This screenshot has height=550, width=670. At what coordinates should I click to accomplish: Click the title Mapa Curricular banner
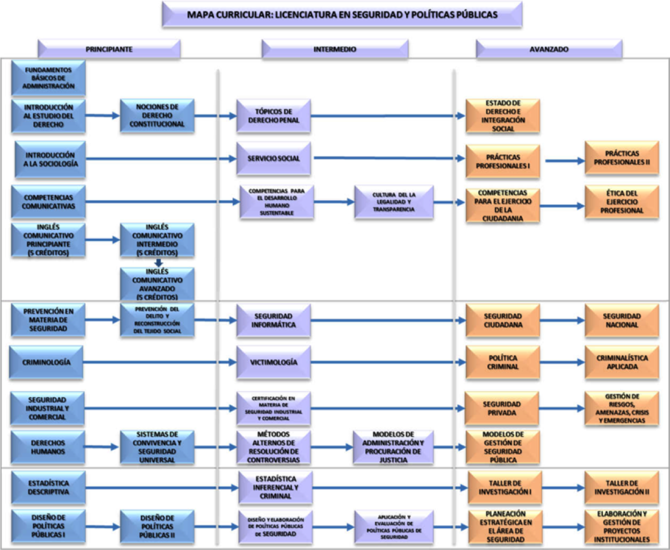342,15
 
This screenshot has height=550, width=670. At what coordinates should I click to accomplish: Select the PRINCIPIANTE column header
109,49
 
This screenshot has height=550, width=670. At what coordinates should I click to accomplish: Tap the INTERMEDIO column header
334,49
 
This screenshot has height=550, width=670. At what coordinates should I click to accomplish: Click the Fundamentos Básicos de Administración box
48,78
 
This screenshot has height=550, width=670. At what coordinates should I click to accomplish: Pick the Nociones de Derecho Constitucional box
157,116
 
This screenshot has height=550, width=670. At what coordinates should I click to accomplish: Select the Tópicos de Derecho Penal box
273,116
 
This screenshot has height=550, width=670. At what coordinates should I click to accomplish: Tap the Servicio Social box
273,158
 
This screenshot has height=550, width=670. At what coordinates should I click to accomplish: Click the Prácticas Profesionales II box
622,158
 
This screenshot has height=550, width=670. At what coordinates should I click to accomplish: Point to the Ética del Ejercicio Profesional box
622,202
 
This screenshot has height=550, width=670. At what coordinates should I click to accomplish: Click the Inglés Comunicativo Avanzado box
157,284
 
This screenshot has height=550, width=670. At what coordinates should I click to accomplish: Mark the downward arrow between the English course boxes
158,262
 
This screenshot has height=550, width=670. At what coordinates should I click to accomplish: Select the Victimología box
273,362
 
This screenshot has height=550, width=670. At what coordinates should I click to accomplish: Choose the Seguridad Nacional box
622,321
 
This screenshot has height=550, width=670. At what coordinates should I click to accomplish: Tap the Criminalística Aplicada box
622,362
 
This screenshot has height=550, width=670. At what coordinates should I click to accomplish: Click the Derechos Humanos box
48,447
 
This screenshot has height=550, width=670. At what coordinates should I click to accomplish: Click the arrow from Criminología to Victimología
160,362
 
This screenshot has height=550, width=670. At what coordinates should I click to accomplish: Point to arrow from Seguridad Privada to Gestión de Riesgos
562,408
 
